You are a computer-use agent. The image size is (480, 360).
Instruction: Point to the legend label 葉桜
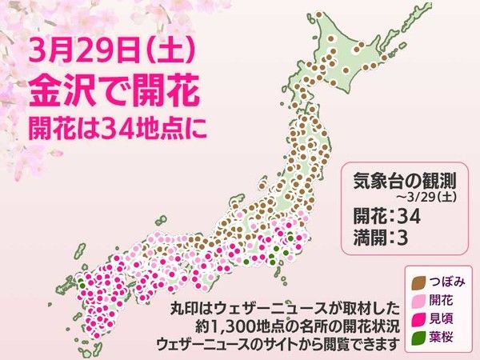pyautogui.click(x=440, y=335)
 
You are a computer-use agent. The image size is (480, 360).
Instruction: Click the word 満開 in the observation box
pyautogui.click(x=369, y=236)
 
